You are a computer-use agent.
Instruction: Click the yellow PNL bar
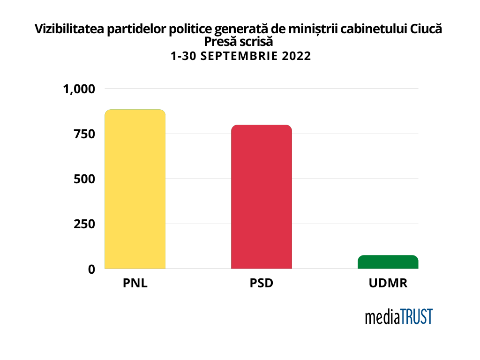tap(135, 189)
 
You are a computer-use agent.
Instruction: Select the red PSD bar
tap(262, 197)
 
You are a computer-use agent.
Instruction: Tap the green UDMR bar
tap(388, 262)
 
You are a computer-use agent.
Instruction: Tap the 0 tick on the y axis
tap(91, 269)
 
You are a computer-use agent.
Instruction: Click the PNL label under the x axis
tap(135, 284)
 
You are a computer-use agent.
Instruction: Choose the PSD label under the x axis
tap(262, 284)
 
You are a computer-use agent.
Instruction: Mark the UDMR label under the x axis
tap(388, 284)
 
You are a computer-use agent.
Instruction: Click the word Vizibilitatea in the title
tap(69, 30)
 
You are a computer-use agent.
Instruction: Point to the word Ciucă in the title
tap(426, 30)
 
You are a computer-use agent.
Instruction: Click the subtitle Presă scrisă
tap(239, 42)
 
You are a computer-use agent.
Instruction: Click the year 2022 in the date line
tap(297, 56)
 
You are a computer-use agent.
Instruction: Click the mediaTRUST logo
tap(399, 317)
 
